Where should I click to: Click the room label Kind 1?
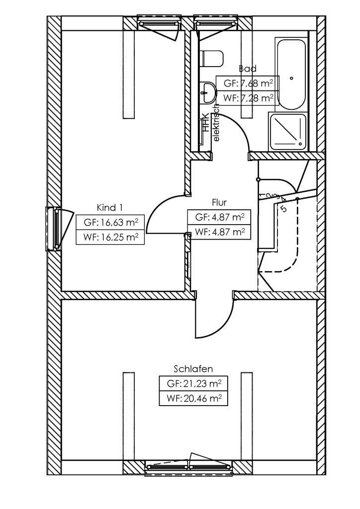(109, 208)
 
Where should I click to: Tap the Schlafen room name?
(193, 369)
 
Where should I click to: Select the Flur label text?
(219, 203)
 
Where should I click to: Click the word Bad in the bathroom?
(247, 69)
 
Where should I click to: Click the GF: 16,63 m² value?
(110, 222)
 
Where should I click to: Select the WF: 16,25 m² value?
(110, 237)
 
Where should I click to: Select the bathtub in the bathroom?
(292, 75)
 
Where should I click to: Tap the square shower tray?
(288, 131)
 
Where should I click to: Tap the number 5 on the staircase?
(284, 208)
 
